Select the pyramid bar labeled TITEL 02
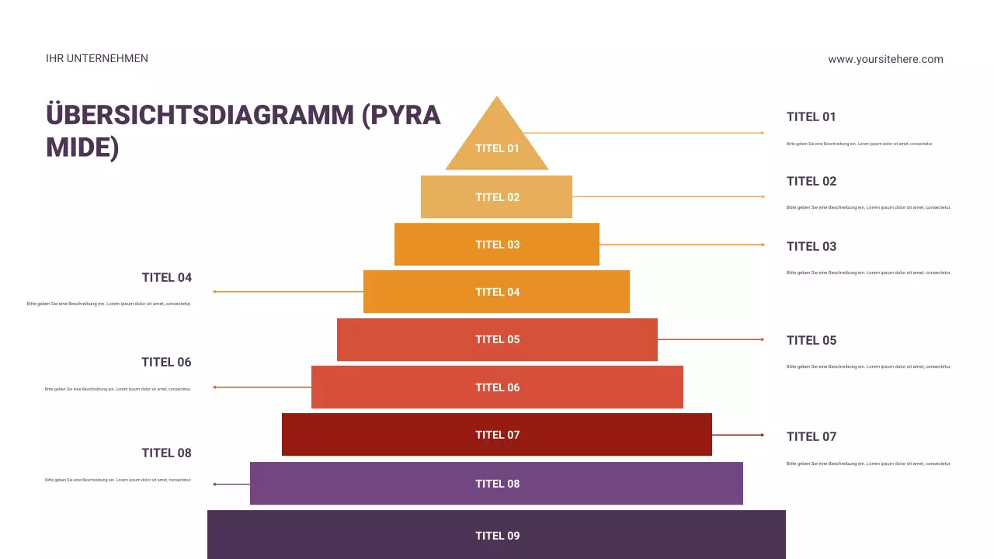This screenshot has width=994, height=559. [x=496, y=197]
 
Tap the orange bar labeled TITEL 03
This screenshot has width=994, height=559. [x=497, y=245]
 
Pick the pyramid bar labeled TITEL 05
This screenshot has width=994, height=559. [x=497, y=339]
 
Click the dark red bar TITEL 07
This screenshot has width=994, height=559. [x=497, y=435]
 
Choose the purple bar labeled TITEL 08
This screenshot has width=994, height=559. [x=497, y=484]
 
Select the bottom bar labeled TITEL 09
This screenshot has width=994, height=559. [x=497, y=535]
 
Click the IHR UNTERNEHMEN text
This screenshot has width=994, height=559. [x=97, y=58]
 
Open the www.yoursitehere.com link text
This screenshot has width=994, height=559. [x=885, y=59]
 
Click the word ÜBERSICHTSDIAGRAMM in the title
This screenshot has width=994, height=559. [x=200, y=115]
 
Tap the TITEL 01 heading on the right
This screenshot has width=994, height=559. [x=812, y=116]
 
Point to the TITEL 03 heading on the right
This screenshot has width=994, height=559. [x=812, y=246]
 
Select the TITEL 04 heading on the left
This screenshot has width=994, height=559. [x=166, y=277]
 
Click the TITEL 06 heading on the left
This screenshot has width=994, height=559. [x=166, y=362]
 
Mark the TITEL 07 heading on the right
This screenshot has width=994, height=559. [x=812, y=436]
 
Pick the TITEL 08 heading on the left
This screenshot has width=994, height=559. [x=166, y=453]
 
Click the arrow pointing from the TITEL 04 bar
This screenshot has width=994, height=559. [x=287, y=292]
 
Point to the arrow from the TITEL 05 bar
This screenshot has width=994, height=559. [x=711, y=339]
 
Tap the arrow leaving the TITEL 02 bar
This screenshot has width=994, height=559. [x=668, y=196]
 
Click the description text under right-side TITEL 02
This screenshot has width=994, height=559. [x=868, y=207]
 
